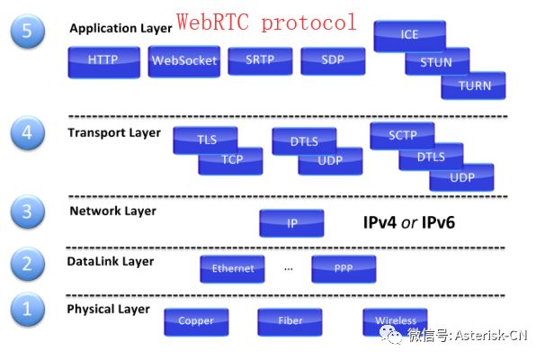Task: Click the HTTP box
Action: pos(102,60)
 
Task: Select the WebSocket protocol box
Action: pos(183,60)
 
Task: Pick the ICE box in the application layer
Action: pos(409,35)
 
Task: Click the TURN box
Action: pos(473,85)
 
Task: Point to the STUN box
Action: pos(436,62)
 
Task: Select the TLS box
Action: pos(208,139)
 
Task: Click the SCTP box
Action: pos(401,134)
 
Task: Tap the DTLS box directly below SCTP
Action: pos(431,157)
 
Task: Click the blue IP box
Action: pos(291,222)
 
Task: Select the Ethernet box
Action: pos(232,268)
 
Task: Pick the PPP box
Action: pos(344,268)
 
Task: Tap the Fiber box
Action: pos(290,320)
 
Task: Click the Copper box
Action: pos(196,320)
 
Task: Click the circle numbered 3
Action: pos(27,212)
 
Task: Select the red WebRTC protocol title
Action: pos(266,22)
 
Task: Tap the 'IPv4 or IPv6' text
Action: pos(408,221)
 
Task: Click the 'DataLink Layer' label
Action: pos(110,261)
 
